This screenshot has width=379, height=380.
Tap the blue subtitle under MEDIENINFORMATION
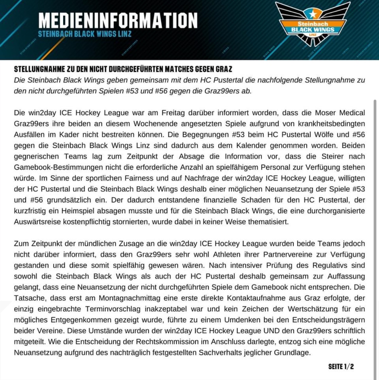(84, 34)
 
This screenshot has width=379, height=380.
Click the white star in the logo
(312, 14)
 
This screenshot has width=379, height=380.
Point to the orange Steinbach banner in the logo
(313, 24)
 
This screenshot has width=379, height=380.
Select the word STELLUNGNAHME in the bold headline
(39, 69)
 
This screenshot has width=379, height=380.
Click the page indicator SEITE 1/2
(341, 367)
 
